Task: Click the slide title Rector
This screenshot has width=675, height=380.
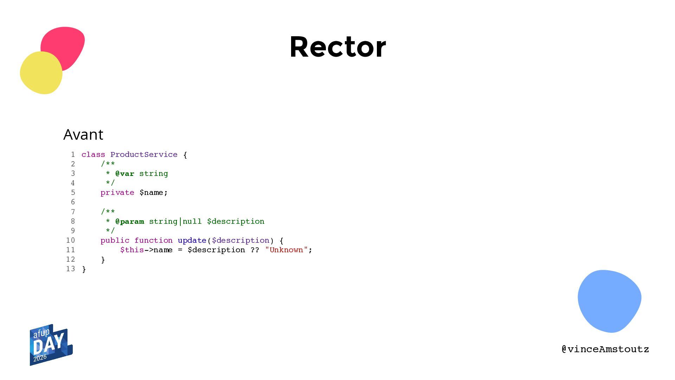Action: (x=338, y=47)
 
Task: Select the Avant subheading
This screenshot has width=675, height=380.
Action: (x=83, y=134)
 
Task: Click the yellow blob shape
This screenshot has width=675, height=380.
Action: (x=41, y=73)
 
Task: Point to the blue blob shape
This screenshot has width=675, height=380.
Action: (x=609, y=301)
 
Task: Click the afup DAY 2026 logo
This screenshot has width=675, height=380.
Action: (x=51, y=345)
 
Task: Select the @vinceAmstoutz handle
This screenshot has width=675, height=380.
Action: (x=605, y=349)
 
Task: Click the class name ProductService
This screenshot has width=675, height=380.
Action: (x=144, y=154)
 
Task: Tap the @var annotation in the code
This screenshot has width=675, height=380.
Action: (x=125, y=173)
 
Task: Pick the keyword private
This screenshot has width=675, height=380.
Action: (x=117, y=193)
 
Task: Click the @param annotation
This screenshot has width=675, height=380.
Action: (x=130, y=222)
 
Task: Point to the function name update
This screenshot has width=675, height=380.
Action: (x=192, y=241)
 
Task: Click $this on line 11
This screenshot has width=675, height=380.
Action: (x=132, y=250)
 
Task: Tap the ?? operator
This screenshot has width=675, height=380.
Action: (x=255, y=250)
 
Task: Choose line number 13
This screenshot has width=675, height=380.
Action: (x=71, y=269)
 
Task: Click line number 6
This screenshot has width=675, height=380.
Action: (x=73, y=202)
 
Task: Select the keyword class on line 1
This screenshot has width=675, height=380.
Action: (x=93, y=155)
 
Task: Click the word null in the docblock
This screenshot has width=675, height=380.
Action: (x=192, y=221)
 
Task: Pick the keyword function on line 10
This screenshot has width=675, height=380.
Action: (x=154, y=240)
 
